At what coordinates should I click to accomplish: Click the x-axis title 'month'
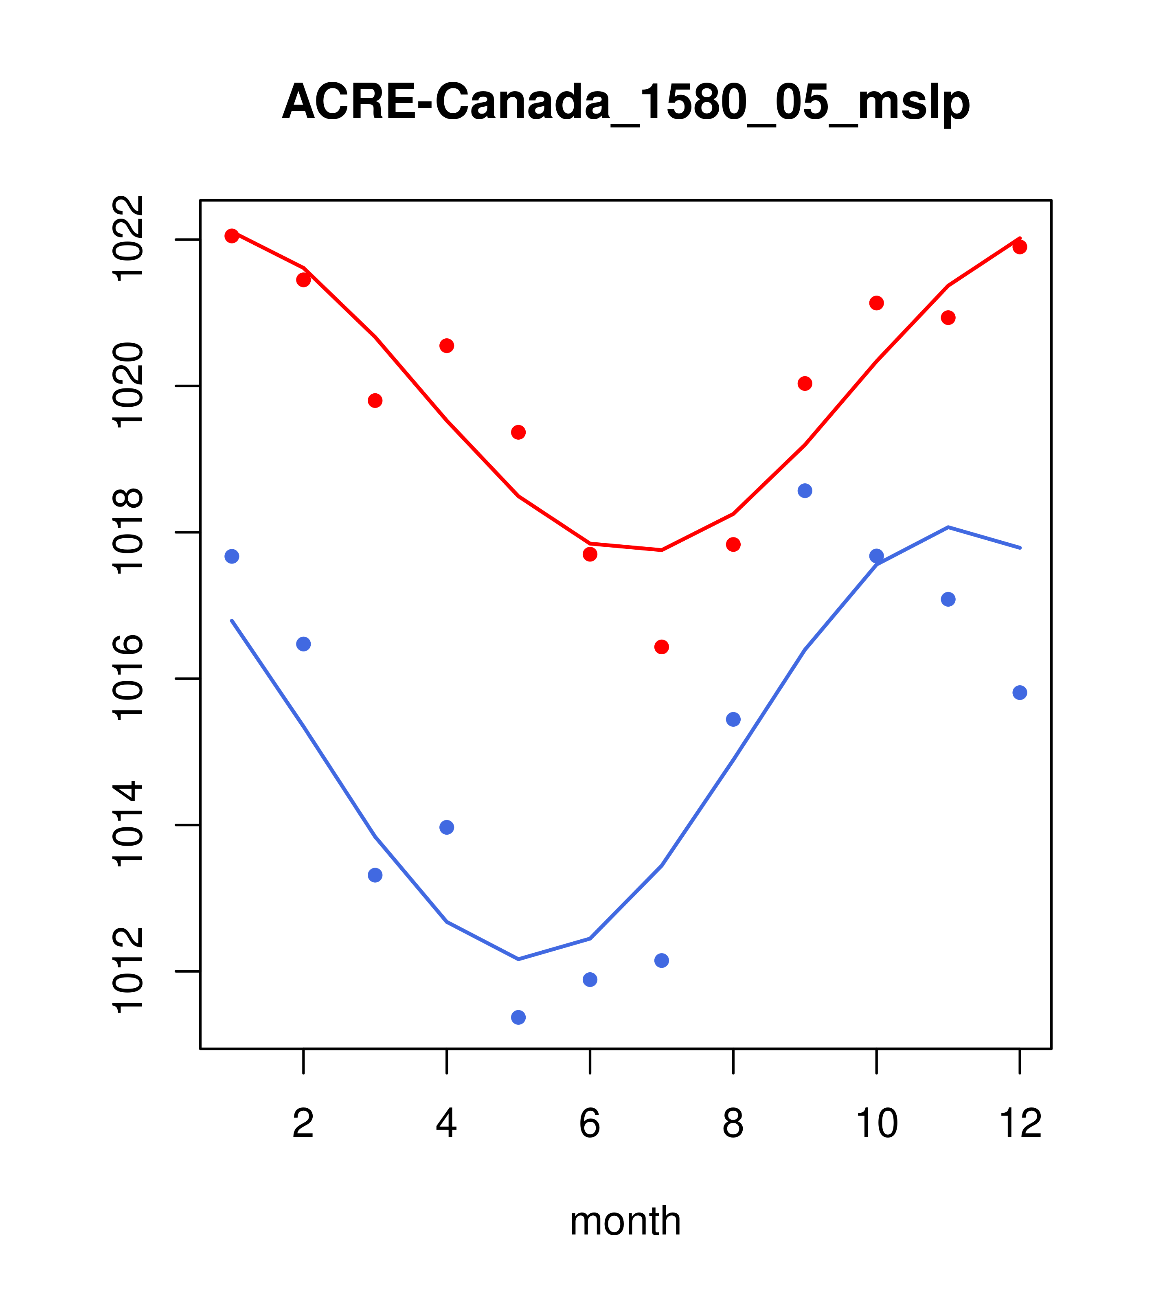(625, 1221)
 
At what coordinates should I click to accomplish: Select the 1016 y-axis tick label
(127, 678)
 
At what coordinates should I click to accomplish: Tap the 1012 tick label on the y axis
(127, 971)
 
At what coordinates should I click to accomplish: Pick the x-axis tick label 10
(876, 1124)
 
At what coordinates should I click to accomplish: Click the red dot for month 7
(661, 647)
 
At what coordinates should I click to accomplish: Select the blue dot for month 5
(518, 1017)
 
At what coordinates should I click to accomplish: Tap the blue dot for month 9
(805, 491)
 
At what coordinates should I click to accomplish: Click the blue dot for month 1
(232, 556)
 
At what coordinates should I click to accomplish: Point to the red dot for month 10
(876, 303)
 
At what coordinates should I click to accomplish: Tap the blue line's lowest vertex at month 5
(518, 959)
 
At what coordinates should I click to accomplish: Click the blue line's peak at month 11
(948, 527)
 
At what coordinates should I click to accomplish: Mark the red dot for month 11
(948, 318)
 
